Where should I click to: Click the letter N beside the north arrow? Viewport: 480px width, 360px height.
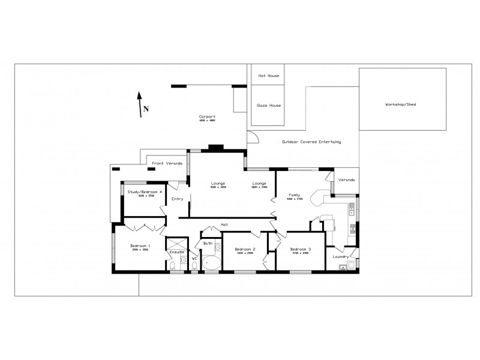[146, 109]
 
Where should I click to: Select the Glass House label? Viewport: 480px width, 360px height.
[269, 105]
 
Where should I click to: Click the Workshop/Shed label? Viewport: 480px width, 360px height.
[400, 104]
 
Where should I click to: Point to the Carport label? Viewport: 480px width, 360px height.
[207, 117]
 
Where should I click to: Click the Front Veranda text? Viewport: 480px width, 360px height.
[166, 163]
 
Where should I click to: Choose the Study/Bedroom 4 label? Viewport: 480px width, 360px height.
[145, 192]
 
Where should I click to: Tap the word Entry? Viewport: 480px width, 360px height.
[177, 199]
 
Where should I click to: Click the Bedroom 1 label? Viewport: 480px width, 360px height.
[140, 246]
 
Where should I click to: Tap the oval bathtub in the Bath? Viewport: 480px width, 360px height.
[211, 262]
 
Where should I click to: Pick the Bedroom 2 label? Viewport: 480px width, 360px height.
[245, 249]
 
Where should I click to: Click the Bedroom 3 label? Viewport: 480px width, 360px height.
[301, 249]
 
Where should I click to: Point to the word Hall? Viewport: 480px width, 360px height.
[224, 224]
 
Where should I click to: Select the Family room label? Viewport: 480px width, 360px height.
[294, 195]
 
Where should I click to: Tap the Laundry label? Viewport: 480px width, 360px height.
[341, 257]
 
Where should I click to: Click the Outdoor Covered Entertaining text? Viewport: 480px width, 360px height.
[311, 142]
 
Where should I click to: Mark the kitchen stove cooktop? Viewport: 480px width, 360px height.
[352, 228]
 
